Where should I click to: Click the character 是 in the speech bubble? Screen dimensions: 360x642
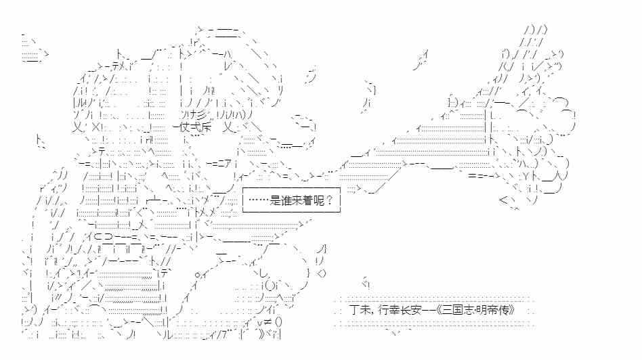(274, 200)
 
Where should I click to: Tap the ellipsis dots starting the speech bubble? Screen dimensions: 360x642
(258, 200)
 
